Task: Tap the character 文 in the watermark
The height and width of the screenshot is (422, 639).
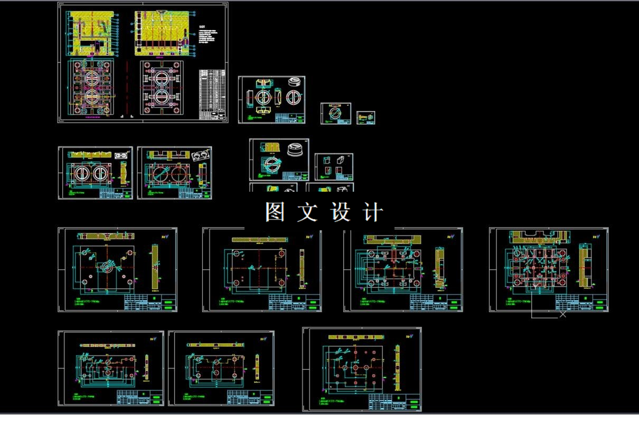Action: (x=308, y=212)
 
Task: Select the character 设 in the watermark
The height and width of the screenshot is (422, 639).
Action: (x=341, y=212)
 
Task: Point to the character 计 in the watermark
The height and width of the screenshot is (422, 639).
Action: (x=373, y=212)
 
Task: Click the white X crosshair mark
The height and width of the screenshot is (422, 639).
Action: (x=562, y=314)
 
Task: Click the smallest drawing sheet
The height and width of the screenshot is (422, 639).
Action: (x=365, y=117)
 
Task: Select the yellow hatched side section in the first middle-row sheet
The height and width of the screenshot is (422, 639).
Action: (x=155, y=267)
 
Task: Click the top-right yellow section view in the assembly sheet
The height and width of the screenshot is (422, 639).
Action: (x=163, y=33)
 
